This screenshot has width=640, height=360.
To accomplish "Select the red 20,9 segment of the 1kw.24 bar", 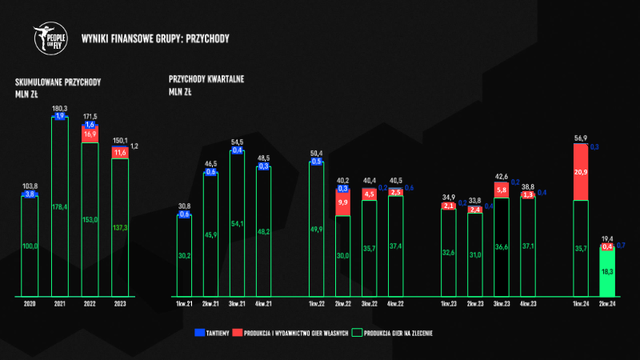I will (582, 172).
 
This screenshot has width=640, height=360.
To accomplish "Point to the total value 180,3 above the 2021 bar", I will (59, 107).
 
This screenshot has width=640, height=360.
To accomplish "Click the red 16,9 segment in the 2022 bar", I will (90, 135).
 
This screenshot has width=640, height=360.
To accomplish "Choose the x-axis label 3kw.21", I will (237, 303).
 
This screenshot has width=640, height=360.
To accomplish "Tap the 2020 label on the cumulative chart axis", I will (30, 304).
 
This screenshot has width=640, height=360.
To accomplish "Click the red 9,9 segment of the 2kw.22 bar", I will (342, 203).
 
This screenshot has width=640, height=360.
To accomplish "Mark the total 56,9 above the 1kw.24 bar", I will (582, 137).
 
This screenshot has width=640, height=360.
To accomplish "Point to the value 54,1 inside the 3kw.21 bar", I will (237, 224).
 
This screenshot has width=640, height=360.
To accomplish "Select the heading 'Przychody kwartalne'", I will (206, 79).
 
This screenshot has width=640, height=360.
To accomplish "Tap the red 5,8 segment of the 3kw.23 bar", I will (502, 190).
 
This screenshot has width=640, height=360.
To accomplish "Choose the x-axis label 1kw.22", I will (316, 303).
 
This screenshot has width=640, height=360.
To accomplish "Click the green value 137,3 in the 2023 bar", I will (119, 227).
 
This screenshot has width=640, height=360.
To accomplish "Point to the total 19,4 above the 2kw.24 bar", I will (608, 238).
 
